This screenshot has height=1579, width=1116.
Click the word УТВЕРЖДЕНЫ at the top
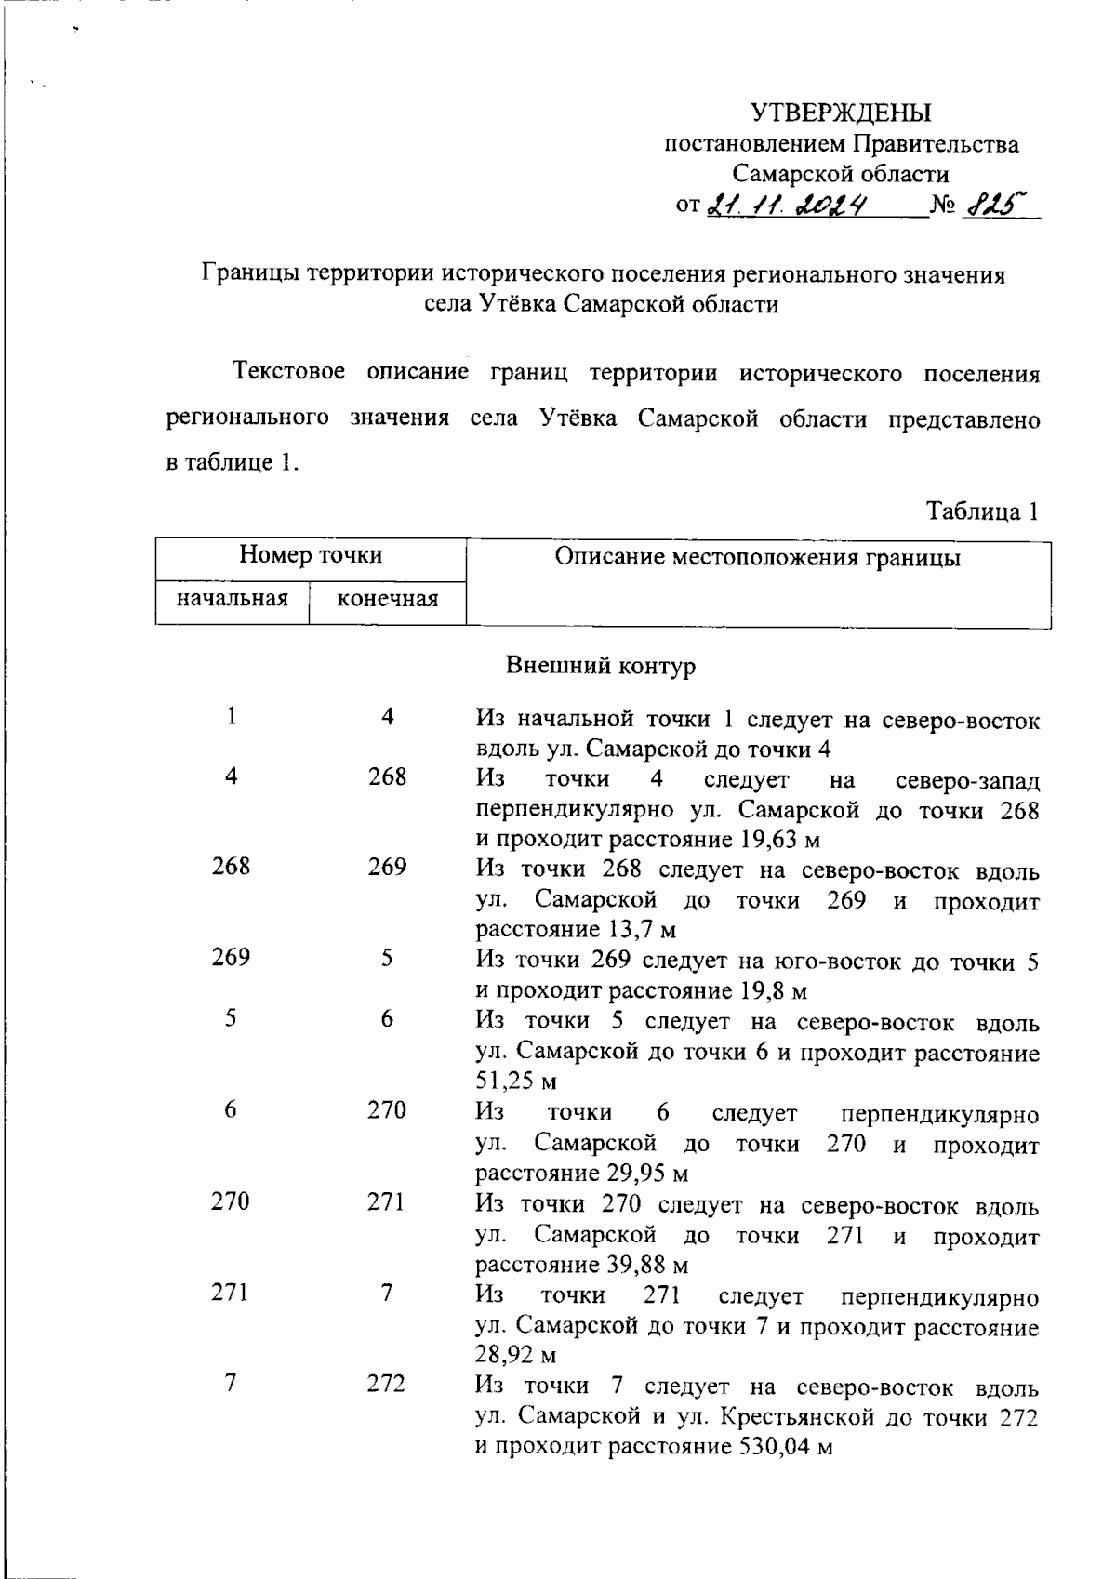pyautogui.click(x=840, y=113)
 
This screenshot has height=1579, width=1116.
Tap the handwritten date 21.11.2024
pyautogui.click(x=788, y=204)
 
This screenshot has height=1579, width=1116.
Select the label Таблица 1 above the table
pyautogui.click(x=981, y=511)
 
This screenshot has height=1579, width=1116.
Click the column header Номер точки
pyautogui.click(x=311, y=555)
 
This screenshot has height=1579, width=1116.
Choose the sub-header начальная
pyautogui.click(x=232, y=597)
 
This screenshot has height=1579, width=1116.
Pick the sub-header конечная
pyautogui.click(x=387, y=598)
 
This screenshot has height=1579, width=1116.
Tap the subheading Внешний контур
pyautogui.click(x=601, y=666)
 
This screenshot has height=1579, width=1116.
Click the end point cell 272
pyautogui.click(x=387, y=1384)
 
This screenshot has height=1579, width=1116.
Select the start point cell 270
pyautogui.click(x=231, y=1201)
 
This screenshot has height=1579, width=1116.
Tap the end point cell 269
pyautogui.click(x=387, y=867)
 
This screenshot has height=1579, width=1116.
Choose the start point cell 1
pyautogui.click(x=231, y=716)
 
